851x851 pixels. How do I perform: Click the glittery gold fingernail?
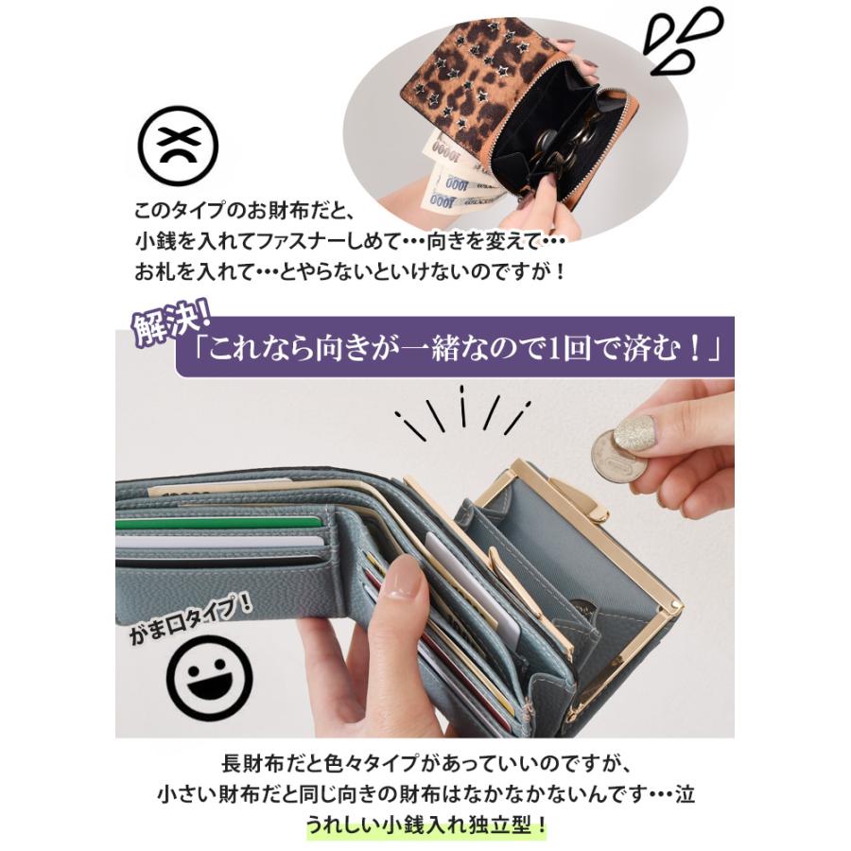[634, 432]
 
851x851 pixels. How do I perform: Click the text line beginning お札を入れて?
[351, 270]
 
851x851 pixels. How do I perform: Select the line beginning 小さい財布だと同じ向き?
[425, 794]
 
